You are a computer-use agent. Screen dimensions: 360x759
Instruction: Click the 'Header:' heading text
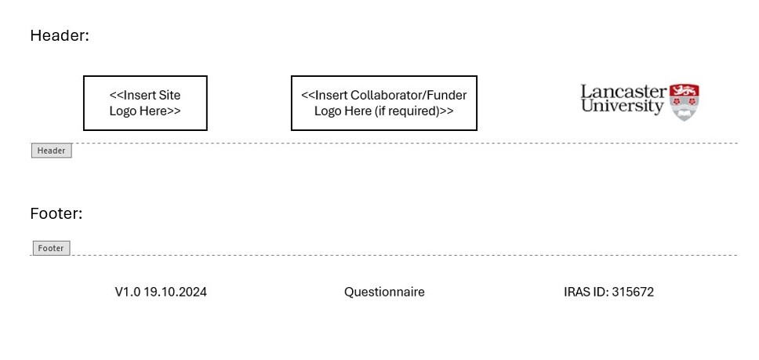pos(60,35)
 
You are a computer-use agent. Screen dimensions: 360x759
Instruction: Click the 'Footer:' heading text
pos(56,213)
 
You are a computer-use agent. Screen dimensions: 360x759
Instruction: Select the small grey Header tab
pos(51,151)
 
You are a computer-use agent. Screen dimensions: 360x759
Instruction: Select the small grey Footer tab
pos(51,248)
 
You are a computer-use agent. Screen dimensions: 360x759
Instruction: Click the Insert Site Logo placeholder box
pos(145,103)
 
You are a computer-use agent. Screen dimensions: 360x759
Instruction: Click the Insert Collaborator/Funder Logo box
pos(383,103)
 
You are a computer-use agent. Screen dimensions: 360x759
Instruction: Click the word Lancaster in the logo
pos(623,91)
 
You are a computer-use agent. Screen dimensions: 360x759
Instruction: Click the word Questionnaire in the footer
pos(384,292)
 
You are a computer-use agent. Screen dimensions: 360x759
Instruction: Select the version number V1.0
pos(127,292)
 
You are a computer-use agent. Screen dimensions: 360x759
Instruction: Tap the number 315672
pos(633,292)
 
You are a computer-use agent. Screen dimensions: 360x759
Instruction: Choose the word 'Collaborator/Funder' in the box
pos(409,95)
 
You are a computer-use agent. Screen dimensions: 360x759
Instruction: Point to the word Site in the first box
pos(169,95)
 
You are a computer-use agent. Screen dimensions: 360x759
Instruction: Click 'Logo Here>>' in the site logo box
pos(145,111)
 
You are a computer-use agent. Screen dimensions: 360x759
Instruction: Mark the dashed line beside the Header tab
pos(392,144)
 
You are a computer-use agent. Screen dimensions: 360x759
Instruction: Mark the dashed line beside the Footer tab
pos(392,255)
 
